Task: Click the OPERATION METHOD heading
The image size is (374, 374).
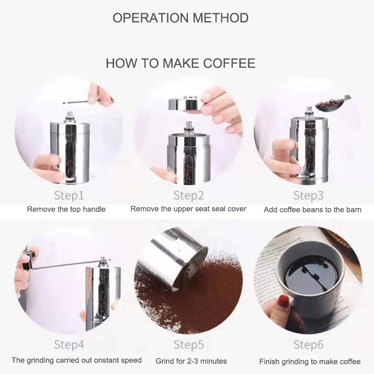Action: pyautogui.click(x=180, y=18)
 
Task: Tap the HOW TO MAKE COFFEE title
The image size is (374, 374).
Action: pyautogui.click(x=180, y=63)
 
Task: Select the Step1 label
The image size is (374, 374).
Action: pyautogui.click(x=69, y=194)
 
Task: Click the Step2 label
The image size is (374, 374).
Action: pyautogui.click(x=188, y=195)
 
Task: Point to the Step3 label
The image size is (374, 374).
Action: pyautogui.click(x=309, y=194)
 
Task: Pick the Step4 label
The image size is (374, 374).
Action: pyautogui.click(x=69, y=345)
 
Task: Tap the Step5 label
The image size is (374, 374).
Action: pyautogui.click(x=188, y=345)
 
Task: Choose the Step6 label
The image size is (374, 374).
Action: pyautogui.click(x=309, y=345)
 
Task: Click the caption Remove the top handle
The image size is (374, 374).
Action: pyautogui.click(x=66, y=209)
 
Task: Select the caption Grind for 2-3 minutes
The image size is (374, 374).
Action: pyautogui.click(x=191, y=361)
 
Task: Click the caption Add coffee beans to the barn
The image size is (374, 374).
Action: pyautogui.click(x=312, y=209)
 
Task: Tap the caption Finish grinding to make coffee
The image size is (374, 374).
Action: pyautogui.click(x=310, y=361)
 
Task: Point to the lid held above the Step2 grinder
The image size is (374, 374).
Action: pyautogui.click(x=185, y=103)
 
